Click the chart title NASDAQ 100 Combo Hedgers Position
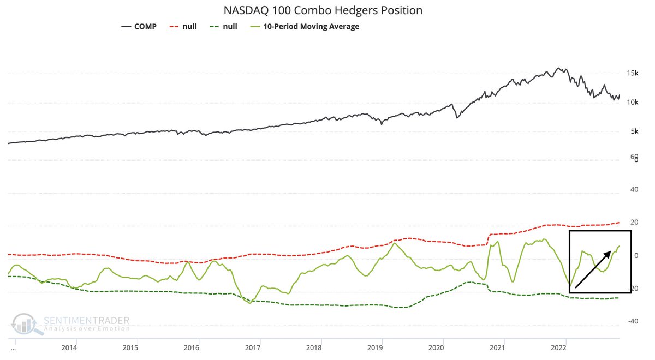tap(323, 10)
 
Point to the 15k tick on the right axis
tap(632, 73)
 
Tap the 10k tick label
tap(632, 103)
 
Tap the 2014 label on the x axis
tap(69, 347)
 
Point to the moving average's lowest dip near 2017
tap(250, 303)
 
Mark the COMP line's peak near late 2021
tap(558, 68)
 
